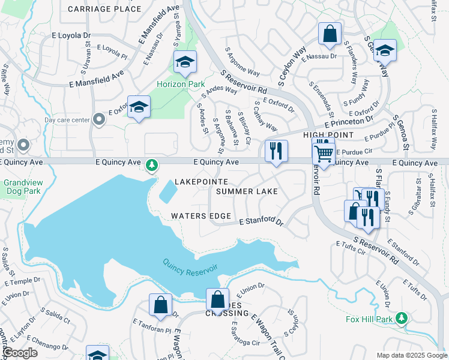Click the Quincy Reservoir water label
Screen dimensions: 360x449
(x=190, y=264)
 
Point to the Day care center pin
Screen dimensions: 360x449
(x=100, y=120)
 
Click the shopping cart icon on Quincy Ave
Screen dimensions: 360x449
(x=324, y=154)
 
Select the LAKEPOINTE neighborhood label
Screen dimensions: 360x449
(x=201, y=181)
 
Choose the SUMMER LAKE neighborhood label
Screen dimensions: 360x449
(x=247, y=191)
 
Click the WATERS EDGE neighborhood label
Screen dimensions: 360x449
(x=201, y=216)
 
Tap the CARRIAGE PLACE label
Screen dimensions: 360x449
(x=104, y=9)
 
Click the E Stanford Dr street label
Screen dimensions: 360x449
(x=261, y=221)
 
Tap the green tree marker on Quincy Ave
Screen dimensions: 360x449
(x=152, y=164)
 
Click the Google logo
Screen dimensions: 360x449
(x=19, y=353)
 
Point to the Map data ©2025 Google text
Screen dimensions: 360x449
(x=411, y=355)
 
